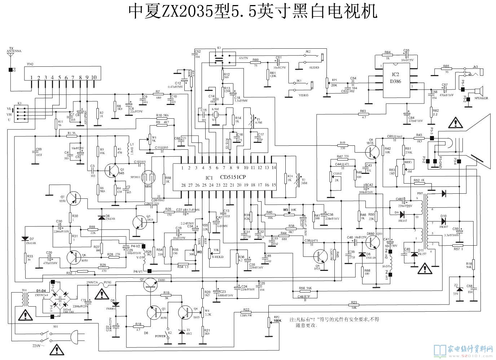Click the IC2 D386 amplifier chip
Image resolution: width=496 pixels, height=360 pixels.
[396, 81]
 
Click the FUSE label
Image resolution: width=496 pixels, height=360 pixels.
[108, 282]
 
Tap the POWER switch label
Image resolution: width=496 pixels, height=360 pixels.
[160, 336]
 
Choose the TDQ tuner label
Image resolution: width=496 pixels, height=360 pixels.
[30, 64]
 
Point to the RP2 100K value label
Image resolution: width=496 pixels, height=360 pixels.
[277, 320]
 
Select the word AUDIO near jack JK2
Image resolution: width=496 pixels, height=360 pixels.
[313, 67]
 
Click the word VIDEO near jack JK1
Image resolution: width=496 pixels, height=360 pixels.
[303, 95]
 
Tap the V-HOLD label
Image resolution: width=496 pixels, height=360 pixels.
[217, 257]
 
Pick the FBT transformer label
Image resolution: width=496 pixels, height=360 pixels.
[420, 193]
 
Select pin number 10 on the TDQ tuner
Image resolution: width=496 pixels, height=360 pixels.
[94, 78]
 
